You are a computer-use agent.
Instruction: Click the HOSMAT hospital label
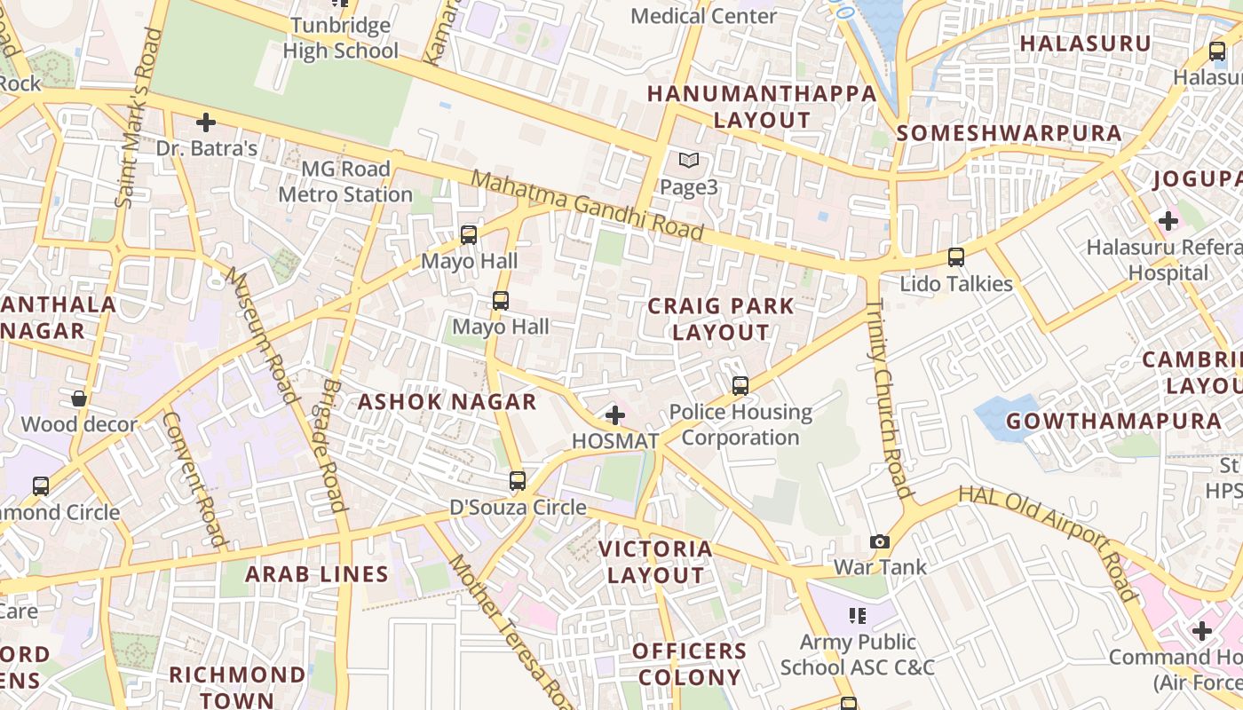click(615, 441)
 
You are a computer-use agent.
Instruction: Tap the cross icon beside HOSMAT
click(615, 414)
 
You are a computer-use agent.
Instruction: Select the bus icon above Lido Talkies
click(956, 257)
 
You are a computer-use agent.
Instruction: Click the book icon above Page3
click(689, 161)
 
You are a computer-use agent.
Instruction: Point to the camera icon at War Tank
click(879, 541)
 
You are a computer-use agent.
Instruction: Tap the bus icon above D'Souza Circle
click(518, 481)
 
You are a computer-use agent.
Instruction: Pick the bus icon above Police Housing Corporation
click(740, 386)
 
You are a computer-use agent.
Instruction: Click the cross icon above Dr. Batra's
click(206, 122)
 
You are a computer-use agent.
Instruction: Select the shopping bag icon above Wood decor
click(79, 398)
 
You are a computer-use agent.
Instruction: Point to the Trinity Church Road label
click(887, 398)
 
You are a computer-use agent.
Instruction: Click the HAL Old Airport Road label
click(1049, 542)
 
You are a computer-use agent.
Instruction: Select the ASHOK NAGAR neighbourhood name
click(447, 402)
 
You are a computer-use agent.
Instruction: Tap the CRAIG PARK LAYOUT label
click(721, 319)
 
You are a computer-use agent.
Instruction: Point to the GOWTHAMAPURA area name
click(1113, 422)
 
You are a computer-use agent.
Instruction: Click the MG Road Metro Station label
click(345, 181)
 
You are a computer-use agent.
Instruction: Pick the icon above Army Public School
click(857, 615)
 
